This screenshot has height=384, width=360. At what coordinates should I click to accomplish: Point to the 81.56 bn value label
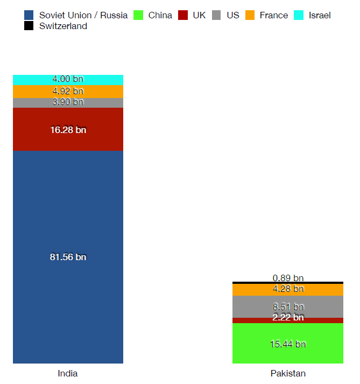(x=68, y=257)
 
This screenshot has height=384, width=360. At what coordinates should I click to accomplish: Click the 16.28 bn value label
(x=68, y=129)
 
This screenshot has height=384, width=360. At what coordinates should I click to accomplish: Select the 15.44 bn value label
(x=288, y=344)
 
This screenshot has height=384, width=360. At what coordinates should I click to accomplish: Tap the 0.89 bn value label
(x=288, y=278)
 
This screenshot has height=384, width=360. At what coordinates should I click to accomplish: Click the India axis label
(x=68, y=373)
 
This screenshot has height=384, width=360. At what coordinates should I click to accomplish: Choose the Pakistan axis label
(x=288, y=373)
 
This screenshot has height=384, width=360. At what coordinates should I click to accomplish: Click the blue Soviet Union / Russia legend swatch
(x=29, y=15)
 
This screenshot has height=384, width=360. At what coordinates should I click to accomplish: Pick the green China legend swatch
(x=138, y=15)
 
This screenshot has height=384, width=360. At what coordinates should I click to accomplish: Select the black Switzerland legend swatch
(x=29, y=26)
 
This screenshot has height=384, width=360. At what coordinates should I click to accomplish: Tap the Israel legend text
(x=320, y=15)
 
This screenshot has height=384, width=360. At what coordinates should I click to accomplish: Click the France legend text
(x=273, y=15)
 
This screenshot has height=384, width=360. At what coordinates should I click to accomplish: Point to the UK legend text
(x=199, y=15)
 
